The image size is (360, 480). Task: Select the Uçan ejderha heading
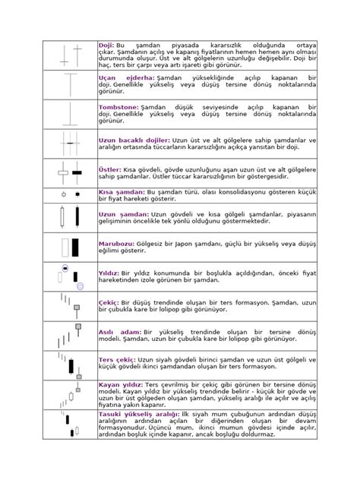[127, 78]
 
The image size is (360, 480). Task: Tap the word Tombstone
[118, 108]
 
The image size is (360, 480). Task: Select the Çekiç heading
[109, 301]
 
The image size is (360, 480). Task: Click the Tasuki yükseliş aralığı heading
[141, 415]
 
